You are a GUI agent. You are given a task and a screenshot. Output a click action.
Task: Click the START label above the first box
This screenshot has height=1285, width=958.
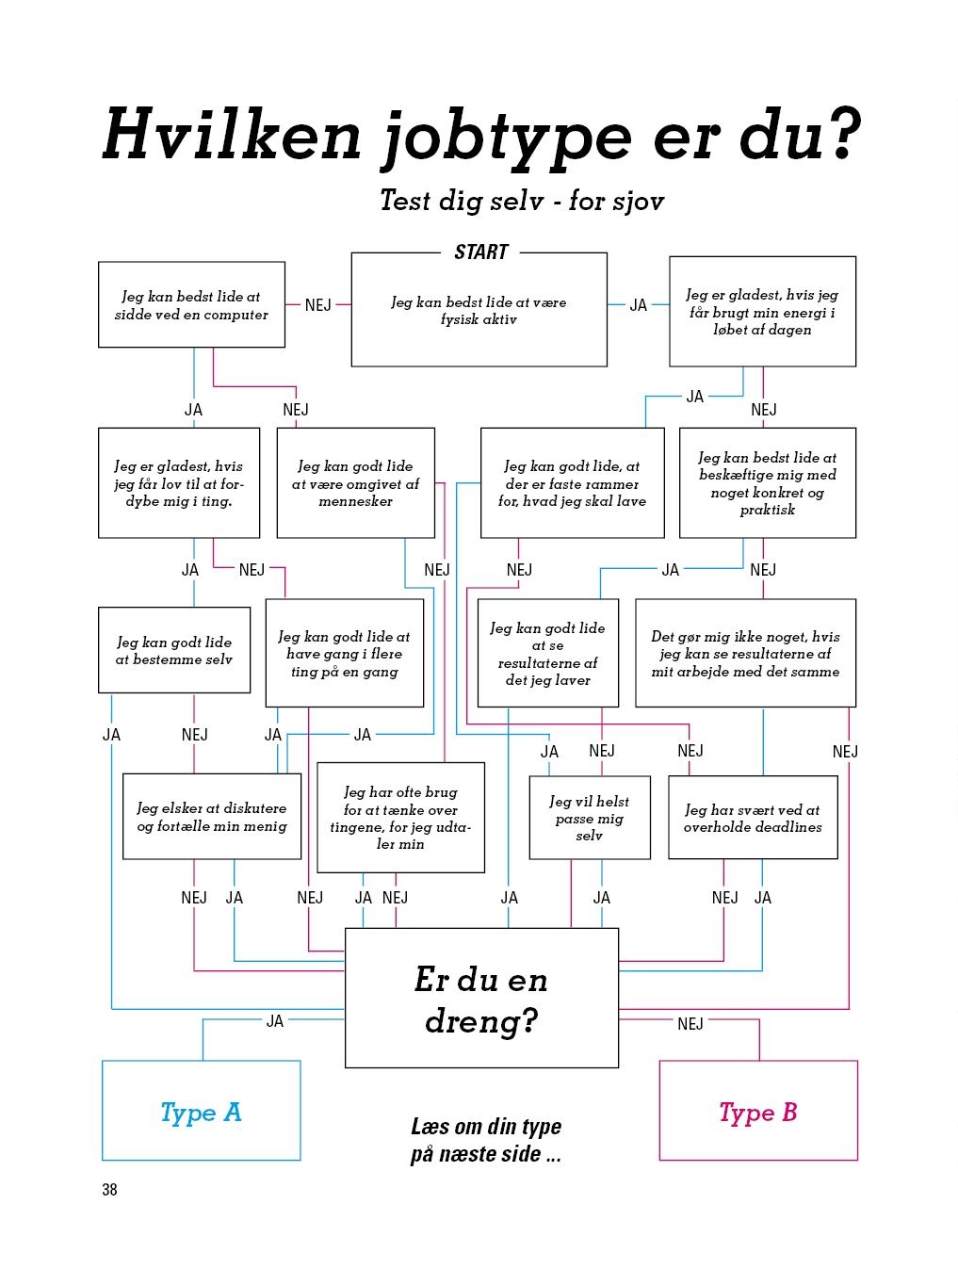coord(481,252)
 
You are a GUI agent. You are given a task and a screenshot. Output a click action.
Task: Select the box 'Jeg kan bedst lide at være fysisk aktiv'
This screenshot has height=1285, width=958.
coord(479,309)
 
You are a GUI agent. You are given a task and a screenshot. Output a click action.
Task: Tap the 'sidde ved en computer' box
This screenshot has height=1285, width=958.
coord(191,304)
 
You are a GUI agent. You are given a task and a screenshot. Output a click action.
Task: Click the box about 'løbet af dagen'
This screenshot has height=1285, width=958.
coord(762,312)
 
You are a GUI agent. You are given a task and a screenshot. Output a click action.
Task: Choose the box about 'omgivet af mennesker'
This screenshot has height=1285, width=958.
coord(356,483)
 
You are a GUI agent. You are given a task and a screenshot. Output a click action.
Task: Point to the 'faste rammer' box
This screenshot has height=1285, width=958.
coord(573,483)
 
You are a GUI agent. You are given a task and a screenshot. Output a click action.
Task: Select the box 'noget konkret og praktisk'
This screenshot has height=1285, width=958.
coord(767,483)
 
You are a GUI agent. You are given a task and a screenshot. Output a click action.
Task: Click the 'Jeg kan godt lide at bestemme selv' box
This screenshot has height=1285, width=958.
coord(174,650)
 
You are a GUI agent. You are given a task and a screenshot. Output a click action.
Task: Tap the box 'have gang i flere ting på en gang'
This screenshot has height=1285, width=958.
coord(345,653)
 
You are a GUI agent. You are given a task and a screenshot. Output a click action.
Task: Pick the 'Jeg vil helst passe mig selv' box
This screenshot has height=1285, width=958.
coord(590,818)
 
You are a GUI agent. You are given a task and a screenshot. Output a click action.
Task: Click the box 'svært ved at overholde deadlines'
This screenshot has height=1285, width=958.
coord(754,818)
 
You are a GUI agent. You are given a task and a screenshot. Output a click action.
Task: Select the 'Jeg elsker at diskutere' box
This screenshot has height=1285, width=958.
coord(212,817)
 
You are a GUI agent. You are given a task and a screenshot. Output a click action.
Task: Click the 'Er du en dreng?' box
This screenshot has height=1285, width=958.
coord(481,998)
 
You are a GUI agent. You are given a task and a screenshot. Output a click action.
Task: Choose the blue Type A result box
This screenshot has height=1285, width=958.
coord(202,1111)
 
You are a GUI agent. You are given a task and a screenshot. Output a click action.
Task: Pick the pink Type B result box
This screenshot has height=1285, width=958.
coord(758,1111)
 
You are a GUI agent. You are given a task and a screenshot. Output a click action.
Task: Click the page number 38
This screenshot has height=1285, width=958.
coord(109,1190)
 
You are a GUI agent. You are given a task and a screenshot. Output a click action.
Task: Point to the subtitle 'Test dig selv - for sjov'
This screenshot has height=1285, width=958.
coord(522,201)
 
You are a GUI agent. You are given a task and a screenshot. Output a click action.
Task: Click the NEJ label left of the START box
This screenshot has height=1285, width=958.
coord(317,305)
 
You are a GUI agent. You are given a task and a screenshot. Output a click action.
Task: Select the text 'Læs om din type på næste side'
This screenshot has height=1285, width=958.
coord(486,1140)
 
